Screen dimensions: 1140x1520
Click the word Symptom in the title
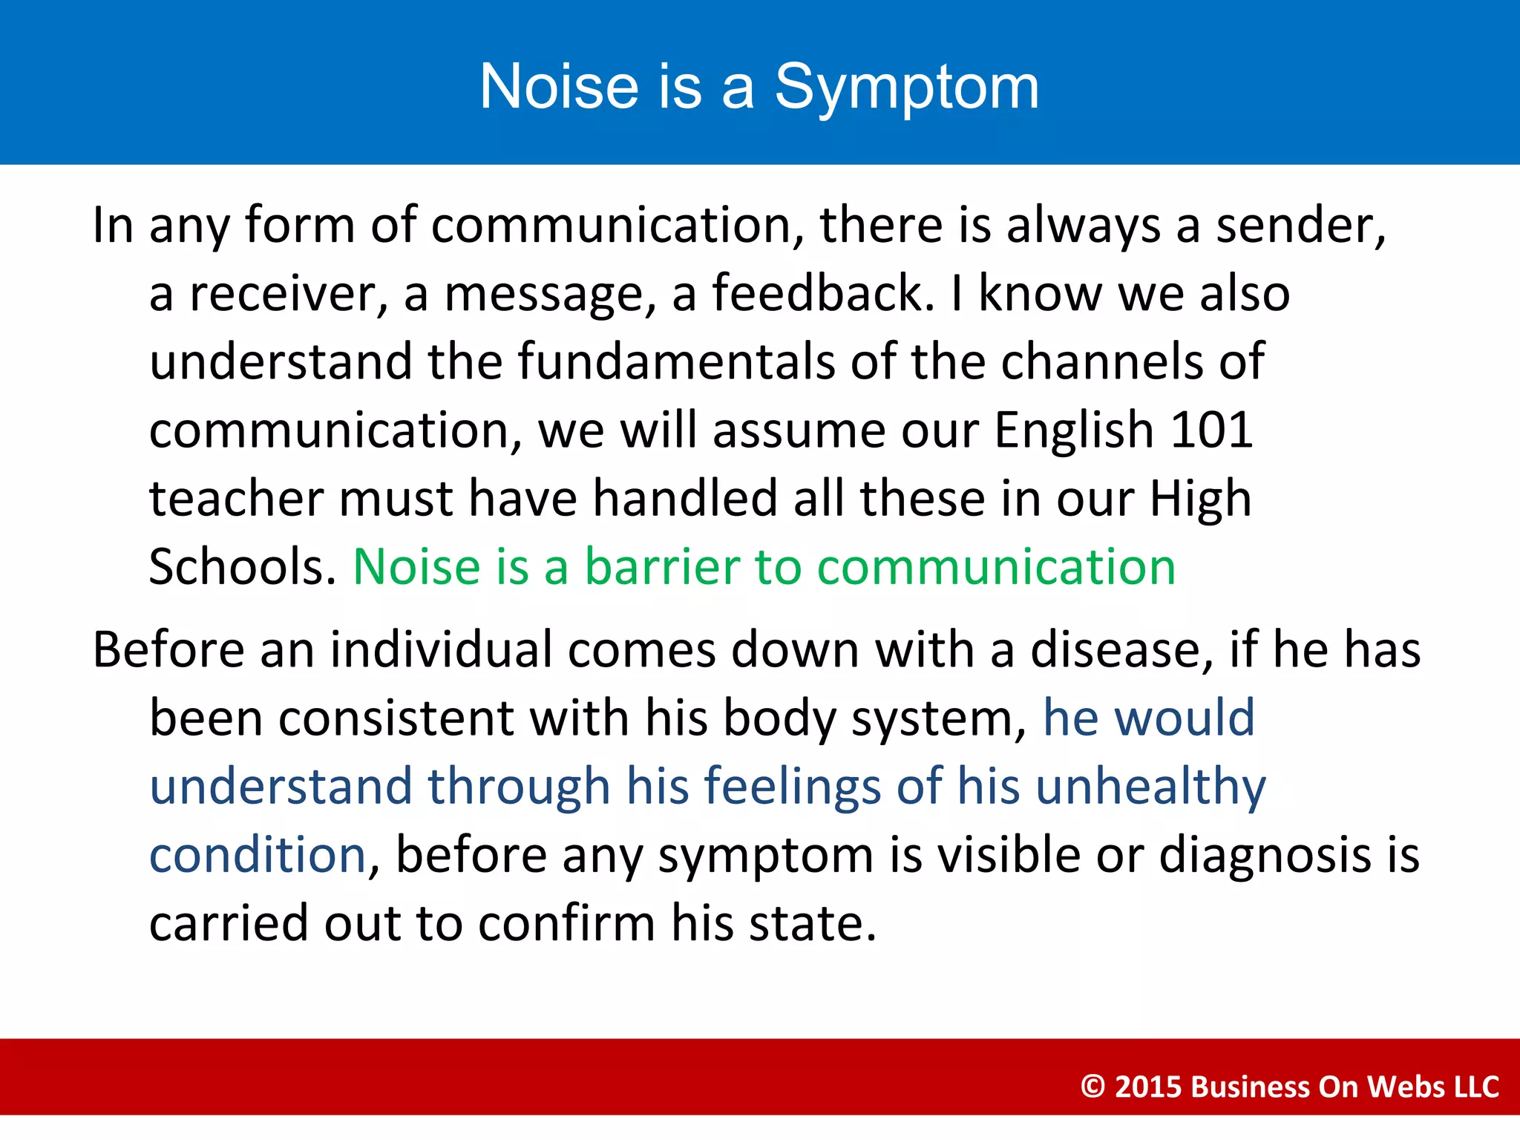[906, 88]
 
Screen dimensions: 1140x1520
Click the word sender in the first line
[1299, 225]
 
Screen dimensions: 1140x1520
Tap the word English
[1072, 431]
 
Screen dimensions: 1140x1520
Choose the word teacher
[235, 498]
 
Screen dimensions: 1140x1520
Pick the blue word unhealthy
[1150, 787]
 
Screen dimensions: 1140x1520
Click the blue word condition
[258, 855]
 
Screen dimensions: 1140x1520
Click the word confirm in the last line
[566, 923]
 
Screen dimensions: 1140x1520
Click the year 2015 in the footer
[1147, 1087]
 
